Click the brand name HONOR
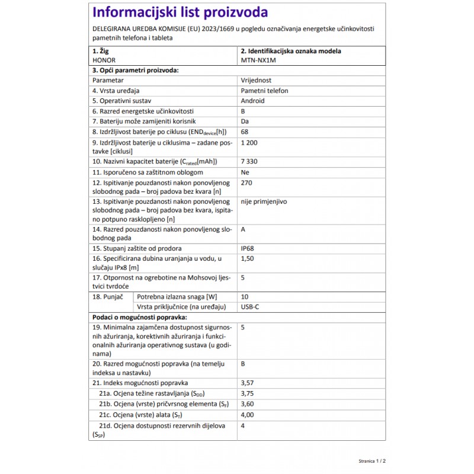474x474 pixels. point(104,60)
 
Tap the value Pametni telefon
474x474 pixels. point(264,91)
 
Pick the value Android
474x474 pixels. point(253,101)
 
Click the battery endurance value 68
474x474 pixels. point(245,132)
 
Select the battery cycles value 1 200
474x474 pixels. point(249,143)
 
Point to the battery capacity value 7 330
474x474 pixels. point(249,161)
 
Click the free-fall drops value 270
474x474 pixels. point(246,182)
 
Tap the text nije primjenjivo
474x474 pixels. point(264,201)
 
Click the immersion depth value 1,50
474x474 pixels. point(248,258)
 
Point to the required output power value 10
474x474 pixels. point(245,296)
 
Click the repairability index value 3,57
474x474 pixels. point(248,383)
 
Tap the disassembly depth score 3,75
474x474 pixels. point(248,393)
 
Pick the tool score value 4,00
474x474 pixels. point(248,415)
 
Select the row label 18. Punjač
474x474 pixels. point(107,296)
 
